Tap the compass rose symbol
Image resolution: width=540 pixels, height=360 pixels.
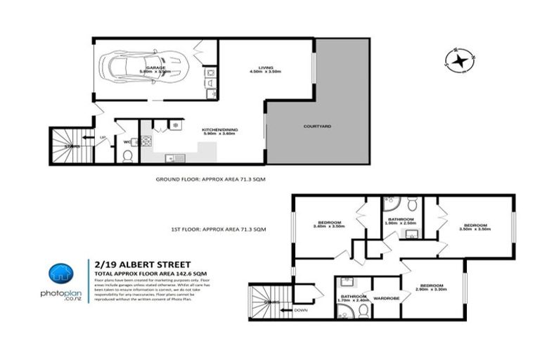point(461,61)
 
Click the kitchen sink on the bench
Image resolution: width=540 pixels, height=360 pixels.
point(177,156)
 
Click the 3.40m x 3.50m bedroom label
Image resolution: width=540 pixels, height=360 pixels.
point(328,225)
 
